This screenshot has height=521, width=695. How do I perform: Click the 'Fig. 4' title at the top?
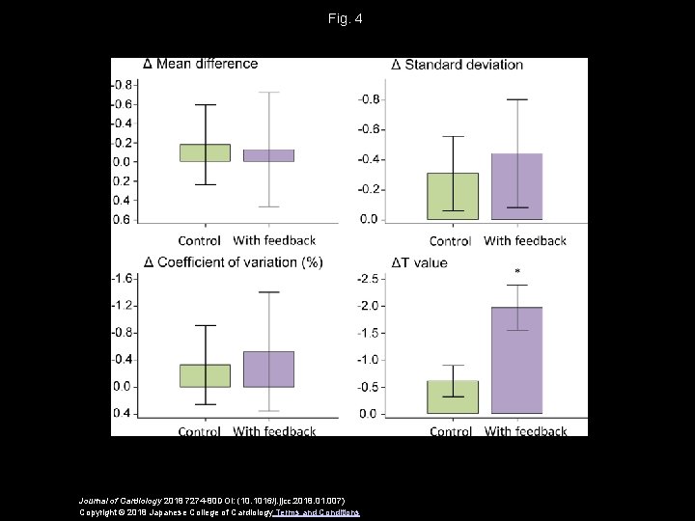point(347,18)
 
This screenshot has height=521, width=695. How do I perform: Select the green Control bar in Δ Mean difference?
point(205,152)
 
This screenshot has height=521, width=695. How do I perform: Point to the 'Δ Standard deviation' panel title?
point(457,65)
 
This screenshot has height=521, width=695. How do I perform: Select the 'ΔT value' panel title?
point(419,262)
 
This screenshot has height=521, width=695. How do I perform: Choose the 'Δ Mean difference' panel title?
point(200,64)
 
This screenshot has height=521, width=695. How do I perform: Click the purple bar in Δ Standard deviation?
point(517,186)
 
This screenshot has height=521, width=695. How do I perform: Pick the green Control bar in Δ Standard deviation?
point(453,196)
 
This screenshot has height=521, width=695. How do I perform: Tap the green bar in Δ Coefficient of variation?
point(205,375)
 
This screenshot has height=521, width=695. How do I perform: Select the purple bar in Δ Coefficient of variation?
point(268,369)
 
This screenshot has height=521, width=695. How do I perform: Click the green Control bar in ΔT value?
point(453,397)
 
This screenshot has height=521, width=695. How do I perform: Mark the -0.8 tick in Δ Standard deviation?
point(369,99)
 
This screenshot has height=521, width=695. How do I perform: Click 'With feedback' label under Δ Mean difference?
point(274,240)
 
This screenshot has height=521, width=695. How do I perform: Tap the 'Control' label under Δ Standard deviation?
point(450,240)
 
